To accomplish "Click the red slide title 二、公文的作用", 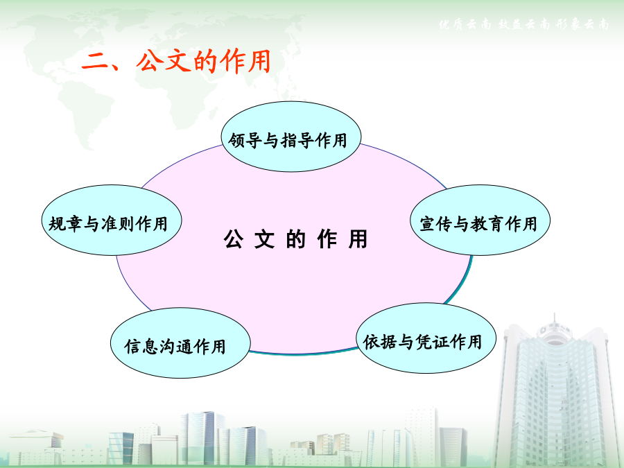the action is pyautogui.click(x=176, y=61).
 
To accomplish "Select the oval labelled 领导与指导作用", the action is pyautogui.click(x=291, y=137).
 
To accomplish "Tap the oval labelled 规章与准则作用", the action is pyautogui.click(x=112, y=220).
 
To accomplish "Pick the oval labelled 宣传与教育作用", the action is pyautogui.click(x=480, y=220).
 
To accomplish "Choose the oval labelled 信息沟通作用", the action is pyautogui.click(x=180, y=343).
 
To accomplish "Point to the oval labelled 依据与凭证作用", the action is pyautogui.click(x=426, y=338).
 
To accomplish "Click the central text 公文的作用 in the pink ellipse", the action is pyautogui.click(x=295, y=239).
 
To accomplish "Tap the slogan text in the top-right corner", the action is pyautogui.click(x=523, y=24).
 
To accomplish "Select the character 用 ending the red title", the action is pyautogui.click(x=259, y=61).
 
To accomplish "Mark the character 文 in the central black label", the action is pyautogui.click(x=264, y=239).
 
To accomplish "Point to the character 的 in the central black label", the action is pyautogui.click(x=295, y=239).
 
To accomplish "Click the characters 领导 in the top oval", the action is pyautogui.click(x=245, y=141).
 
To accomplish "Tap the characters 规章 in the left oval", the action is pyautogui.click(x=65, y=224).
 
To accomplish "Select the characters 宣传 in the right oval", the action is pyautogui.click(x=436, y=224).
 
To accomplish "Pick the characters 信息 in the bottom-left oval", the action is pyautogui.click(x=141, y=346).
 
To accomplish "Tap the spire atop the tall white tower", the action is pyautogui.click(x=555, y=319).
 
